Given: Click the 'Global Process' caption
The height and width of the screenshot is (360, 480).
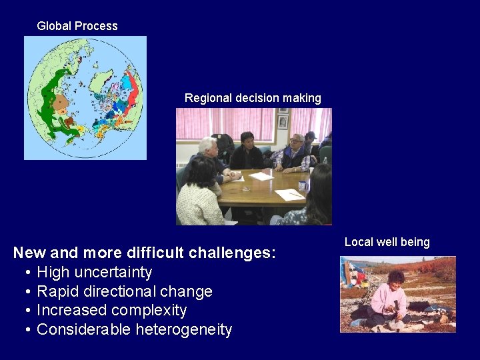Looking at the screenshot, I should point(77,26).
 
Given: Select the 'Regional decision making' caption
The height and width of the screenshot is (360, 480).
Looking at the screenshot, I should point(253,98).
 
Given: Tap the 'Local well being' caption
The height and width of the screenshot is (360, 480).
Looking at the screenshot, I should point(387,242).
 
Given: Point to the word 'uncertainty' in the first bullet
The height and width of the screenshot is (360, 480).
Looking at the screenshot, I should point(114,272).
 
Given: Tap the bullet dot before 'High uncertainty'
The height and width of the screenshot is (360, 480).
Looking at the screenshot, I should point(29,273).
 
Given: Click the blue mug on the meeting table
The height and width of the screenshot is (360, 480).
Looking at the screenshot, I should point(303,185).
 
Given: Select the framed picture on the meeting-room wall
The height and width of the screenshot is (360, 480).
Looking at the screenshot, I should point(283,122).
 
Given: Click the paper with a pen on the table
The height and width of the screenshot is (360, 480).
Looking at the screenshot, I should point(290,195).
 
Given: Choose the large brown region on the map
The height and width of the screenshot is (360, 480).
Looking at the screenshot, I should point(62,103).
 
